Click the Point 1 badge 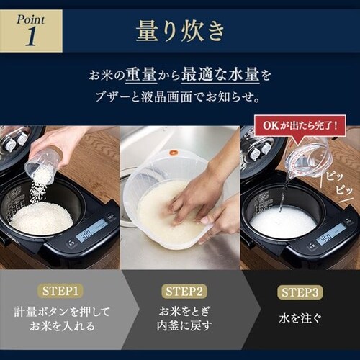coord(31,31)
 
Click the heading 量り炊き coord(180,31)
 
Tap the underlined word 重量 coord(141,75)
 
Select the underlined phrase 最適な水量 coord(220,75)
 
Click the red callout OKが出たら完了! coord(300,126)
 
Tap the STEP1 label coord(60,292)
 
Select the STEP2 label coord(184,292)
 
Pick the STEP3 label coord(300,292)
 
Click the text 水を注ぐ coord(300,318)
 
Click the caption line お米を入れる coord(62,326)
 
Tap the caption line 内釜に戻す coord(184,325)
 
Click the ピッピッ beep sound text coord(339,184)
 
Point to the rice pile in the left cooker coord(42,218)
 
